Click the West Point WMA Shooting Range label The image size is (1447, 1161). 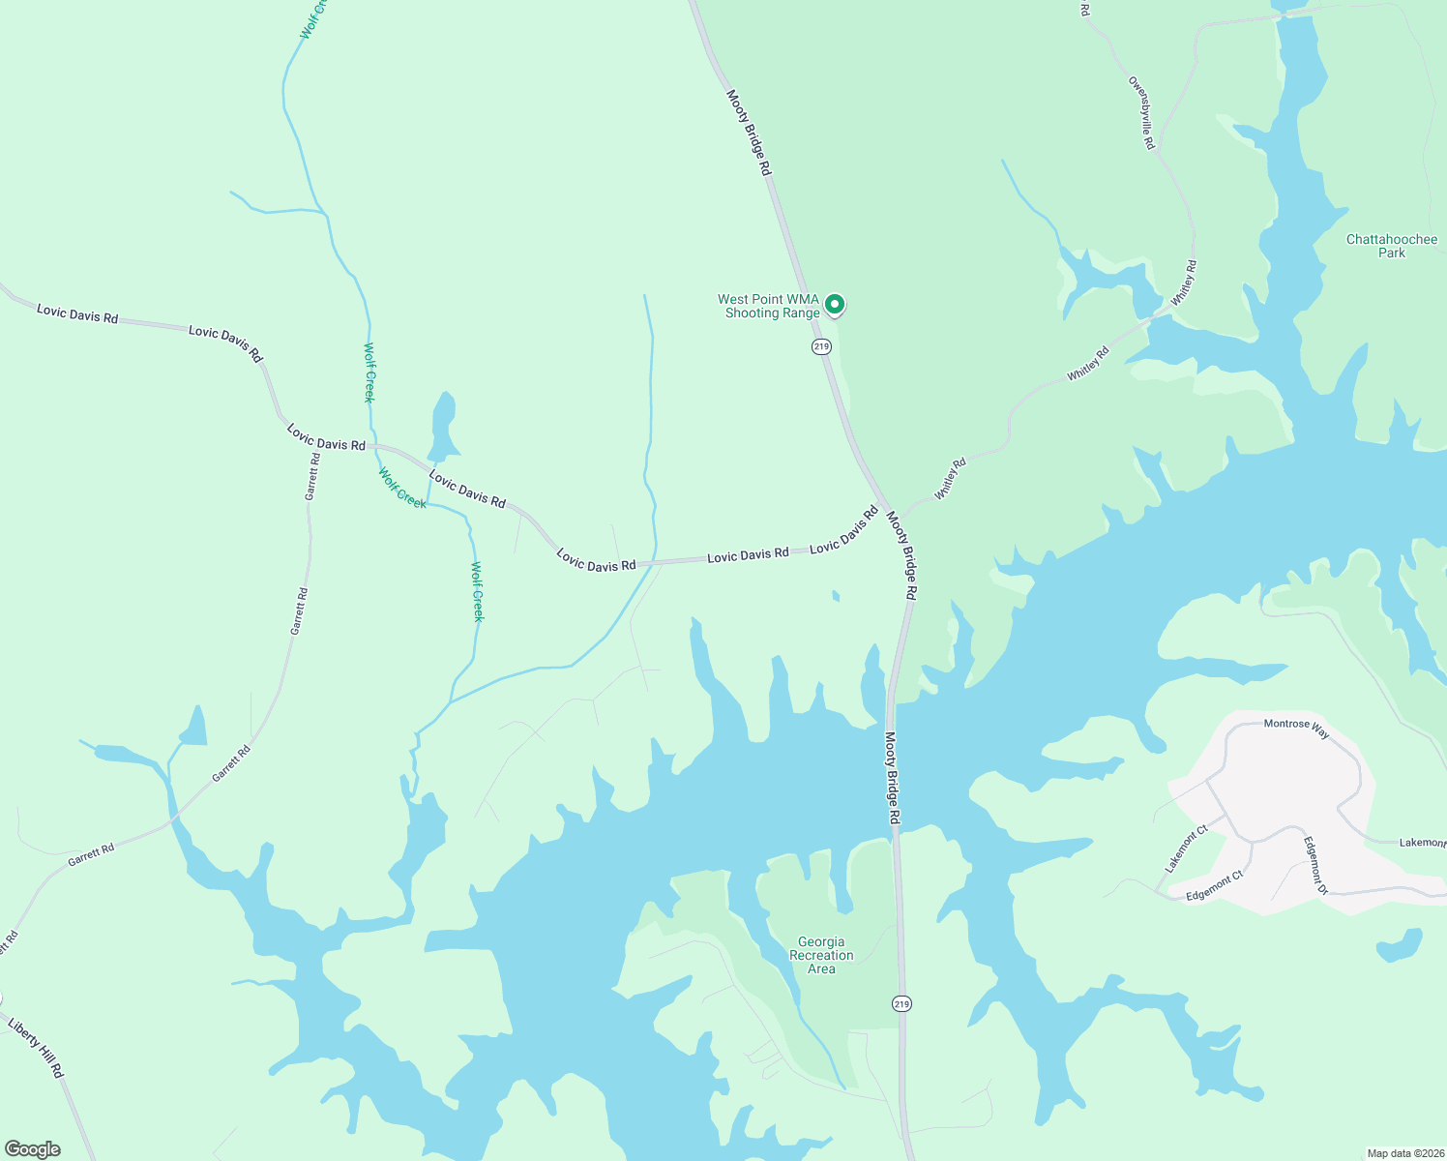pyautogui.click(x=768, y=306)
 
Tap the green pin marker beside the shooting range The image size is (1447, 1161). pyautogui.click(x=835, y=305)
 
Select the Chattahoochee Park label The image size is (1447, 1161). pyautogui.click(x=1392, y=246)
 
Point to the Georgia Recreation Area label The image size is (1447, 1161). pyautogui.click(x=821, y=955)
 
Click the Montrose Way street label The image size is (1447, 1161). pyautogui.click(x=1296, y=728)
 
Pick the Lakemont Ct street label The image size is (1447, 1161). pyautogui.click(x=1187, y=848)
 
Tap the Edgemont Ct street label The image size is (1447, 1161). pyautogui.click(x=1214, y=886)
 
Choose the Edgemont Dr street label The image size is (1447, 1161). pyautogui.click(x=1316, y=865)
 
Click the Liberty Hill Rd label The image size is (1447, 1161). pyautogui.click(x=36, y=1048)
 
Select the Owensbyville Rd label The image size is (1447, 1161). pyautogui.click(x=1141, y=112)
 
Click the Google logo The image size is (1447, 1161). pyautogui.click(x=32, y=1149)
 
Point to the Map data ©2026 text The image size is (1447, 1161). pyautogui.click(x=1404, y=1153)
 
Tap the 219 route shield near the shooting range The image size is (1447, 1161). pyautogui.click(x=821, y=346)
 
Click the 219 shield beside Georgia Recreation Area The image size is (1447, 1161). pyautogui.click(x=901, y=1003)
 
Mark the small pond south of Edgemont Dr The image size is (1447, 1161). pyautogui.click(x=1401, y=944)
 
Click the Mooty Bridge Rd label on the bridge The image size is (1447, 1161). pyautogui.click(x=893, y=778)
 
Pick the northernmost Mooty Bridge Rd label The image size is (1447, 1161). pyautogui.click(x=750, y=133)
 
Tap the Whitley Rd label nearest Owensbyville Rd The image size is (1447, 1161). pyautogui.click(x=1184, y=283)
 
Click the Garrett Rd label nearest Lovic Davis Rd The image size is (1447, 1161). pyautogui.click(x=311, y=476)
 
